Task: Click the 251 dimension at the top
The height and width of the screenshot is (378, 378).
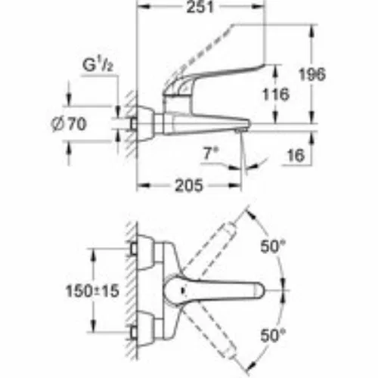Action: tap(200, 7)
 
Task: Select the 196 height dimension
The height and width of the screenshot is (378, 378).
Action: tap(312, 74)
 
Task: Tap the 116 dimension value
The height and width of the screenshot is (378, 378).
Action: tap(276, 94)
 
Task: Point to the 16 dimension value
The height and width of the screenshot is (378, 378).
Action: tap(296, 155)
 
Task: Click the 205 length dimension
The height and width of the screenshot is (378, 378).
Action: tap(189, 185)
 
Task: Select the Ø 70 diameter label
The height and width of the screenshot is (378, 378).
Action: tap(69, 124)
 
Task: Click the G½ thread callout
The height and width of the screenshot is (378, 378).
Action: tap(98, 65)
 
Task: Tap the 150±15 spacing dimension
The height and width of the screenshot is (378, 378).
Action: tap(92, 291)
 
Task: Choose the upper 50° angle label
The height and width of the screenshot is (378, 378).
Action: tap(273, 246)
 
